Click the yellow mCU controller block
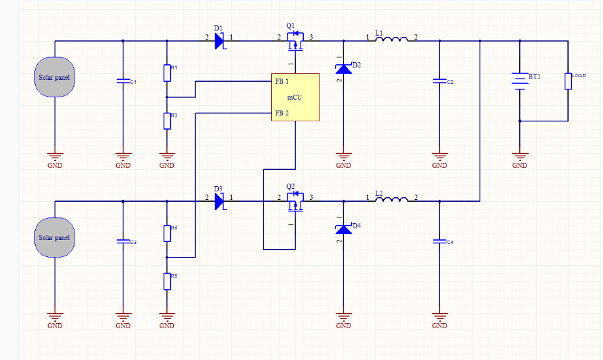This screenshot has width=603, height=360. tap(295, 97)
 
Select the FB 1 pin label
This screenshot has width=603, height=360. tap(282, 82)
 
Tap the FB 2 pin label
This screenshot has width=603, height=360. tap(282, 113)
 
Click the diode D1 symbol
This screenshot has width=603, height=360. tap(219, 40)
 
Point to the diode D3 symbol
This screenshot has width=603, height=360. tap(219, 201)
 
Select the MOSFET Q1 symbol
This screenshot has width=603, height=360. tap(295, 42)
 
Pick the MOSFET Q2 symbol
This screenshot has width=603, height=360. tap(295, 202)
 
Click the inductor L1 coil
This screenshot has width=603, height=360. tap(392, 40)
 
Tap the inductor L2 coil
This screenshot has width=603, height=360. tap(392, 200)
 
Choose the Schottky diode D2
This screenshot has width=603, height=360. tap(343, 67)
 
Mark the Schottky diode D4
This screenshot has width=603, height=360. tap(343, 228)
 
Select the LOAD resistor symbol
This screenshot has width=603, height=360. tap(568, 80)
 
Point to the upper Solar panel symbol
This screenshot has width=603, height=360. tap(55, 77)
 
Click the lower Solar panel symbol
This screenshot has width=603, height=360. tap(55, 237)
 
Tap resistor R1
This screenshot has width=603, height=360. tap(167, 73)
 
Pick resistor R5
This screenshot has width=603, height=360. tap(167, 281)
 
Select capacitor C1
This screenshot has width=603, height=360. tap(123, 82)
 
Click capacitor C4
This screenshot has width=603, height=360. tap(439, 242)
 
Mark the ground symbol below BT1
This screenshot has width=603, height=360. tap(519, 156)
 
